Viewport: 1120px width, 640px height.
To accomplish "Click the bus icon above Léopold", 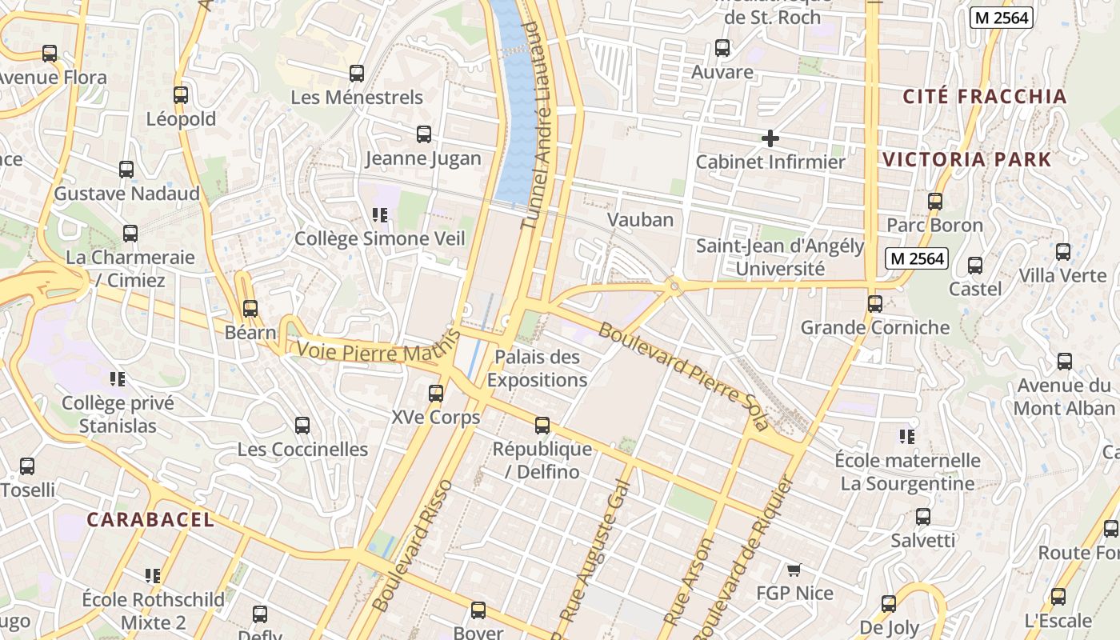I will tap(181, 95).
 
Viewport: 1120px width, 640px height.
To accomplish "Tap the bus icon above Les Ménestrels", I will tap(357, 74).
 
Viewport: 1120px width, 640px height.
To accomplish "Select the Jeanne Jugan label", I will tap(423, 158).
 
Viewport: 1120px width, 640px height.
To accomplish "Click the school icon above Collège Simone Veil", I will tap(380, 214).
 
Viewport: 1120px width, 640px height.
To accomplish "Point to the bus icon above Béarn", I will tap(250, 308).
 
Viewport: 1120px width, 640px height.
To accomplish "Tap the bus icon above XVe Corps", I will tap(436, 394).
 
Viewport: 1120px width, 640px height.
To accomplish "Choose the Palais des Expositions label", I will tap(537, 368).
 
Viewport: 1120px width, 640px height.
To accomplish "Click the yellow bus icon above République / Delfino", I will tap(542, 426).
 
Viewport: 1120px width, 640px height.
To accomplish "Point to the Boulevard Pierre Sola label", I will tap(682, 376).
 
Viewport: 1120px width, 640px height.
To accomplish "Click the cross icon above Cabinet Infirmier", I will tap(770, 138).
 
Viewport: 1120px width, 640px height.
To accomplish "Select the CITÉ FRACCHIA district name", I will tap(985, 97).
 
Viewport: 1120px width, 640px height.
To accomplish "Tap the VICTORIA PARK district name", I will tap(966, 159).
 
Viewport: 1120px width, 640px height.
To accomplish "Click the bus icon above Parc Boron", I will tap(935, 202).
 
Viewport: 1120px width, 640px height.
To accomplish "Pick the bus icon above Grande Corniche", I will tap(875, 304).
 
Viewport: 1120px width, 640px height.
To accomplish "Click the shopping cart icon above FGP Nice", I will tap(794, 570).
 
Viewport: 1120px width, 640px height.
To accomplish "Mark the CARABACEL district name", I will tap(150, 520).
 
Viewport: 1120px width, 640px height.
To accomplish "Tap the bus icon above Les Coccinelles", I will tap(302, 426).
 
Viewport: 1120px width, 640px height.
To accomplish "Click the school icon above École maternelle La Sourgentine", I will tap(906, 437).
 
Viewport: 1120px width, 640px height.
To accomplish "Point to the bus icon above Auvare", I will tap(722, 48).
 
